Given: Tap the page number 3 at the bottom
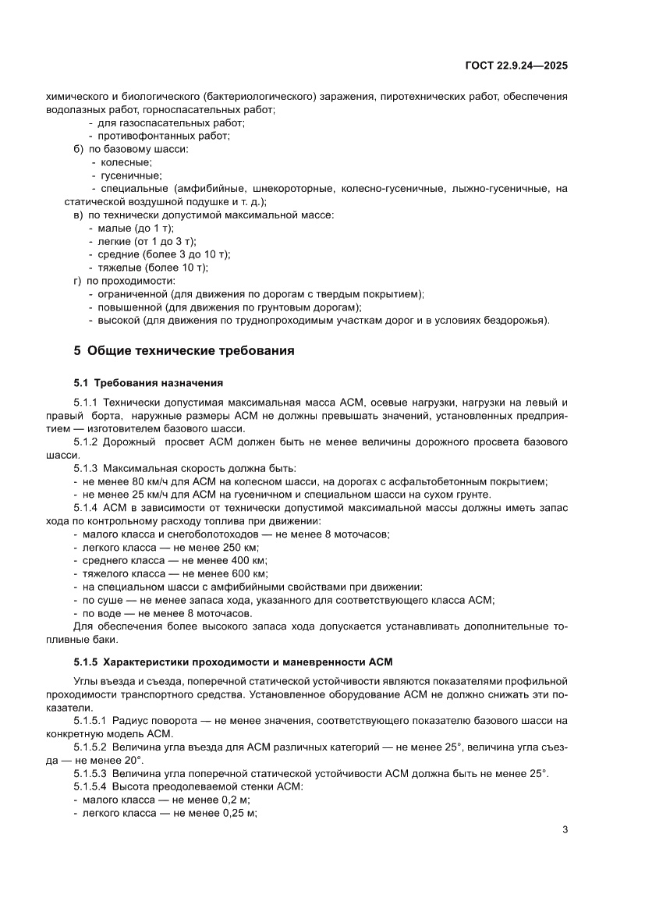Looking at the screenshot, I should pos(565,829).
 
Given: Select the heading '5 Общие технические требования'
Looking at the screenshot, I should pos(183,351).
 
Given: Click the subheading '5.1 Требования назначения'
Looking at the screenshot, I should pos(148,382).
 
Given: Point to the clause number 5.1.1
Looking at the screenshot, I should pos(86,401).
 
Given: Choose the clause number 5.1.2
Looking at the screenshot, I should pos(86,442).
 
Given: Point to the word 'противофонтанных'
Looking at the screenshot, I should pos(142,136).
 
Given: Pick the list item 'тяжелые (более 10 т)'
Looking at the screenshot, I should pos(153,268).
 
